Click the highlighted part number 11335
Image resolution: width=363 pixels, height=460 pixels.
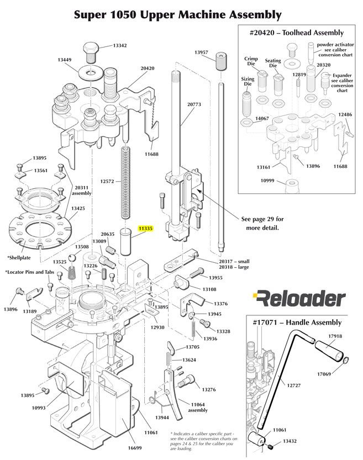click(x=145, y=228)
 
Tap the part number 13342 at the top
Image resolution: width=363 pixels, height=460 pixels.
click(x=120, y=45)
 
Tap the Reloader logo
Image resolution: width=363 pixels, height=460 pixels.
click(x=298, y=299)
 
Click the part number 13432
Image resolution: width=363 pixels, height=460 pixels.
click(x=291, y=441)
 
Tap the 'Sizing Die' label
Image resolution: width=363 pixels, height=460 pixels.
click(x=248, y=82)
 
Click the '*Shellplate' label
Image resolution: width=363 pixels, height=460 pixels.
click(x=19, y=257)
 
